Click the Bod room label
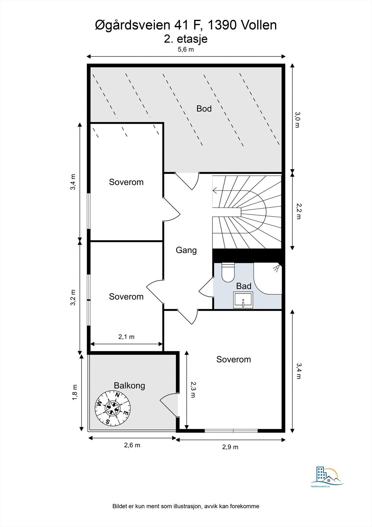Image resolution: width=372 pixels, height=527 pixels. (x=204, y=109)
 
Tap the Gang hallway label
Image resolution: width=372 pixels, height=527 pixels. (x=186, y=250)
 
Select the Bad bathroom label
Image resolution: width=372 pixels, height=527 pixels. (x=244, y=286)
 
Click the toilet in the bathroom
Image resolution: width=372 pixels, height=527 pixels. (x=228, y=272)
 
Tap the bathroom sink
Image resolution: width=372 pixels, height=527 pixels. (x=243, y=300)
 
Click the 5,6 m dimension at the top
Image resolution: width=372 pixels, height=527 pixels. (x=186, y=49)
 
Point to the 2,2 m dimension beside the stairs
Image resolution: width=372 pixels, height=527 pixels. (x=298, y=211)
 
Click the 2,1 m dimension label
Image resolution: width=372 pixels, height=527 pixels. (x=126, y=337)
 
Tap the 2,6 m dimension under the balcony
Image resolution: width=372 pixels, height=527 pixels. (x=132, y=445)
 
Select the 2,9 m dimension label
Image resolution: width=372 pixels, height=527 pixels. (x=230, y=447)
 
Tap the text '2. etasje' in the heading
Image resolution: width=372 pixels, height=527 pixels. (x=186, y=39)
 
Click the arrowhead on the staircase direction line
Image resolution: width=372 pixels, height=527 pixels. (x=214, y=191)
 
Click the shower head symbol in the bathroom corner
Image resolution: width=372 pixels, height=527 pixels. (x=277, y=268)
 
